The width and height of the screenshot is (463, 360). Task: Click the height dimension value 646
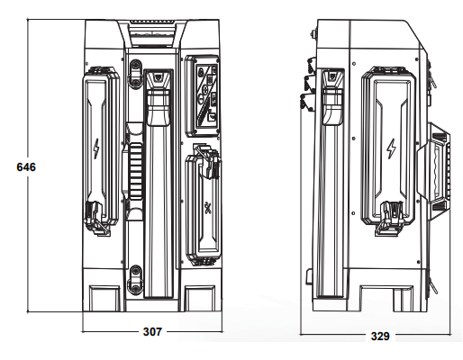pyautogui.click(x=26, y=167)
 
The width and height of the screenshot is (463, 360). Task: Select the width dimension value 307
pyautogui.click(x=152, y=331)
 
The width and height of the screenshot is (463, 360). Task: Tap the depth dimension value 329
pyautogui.click(x=380, y=336)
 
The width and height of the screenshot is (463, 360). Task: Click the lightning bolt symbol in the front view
pyautogui.click(x=96, y=148)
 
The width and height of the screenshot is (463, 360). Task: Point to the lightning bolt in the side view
pyautogui.click(x=391, y=148)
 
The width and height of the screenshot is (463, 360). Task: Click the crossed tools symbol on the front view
pyautogui.click(x=207, y=208)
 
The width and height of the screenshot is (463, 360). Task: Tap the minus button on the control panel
pyautogui.click(x=200, y=97)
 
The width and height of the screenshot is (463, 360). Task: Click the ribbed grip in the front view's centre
pyautogui.click(x=135, y=171)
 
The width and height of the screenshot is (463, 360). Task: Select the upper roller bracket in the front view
pyautogui.click(x=135, y=73)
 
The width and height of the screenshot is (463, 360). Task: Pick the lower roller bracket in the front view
pyautogui.click(x=135, y=279)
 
